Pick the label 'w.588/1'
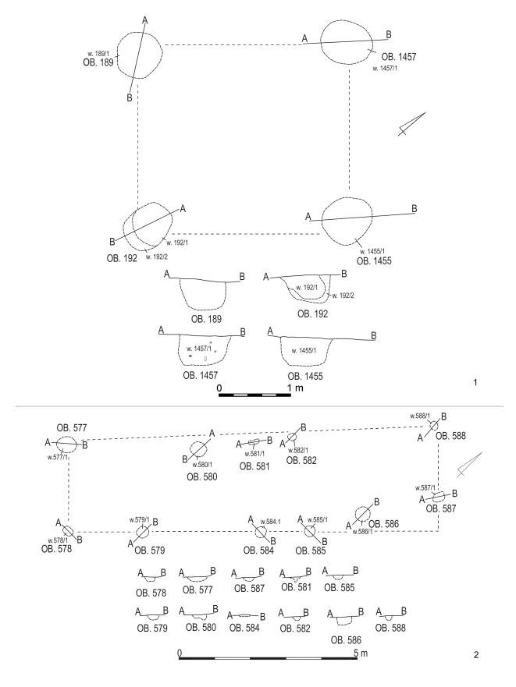(422, 416)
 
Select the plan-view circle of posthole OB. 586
(361, 514)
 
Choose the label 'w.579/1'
(141, 519)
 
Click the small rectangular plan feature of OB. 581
(252, 443)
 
